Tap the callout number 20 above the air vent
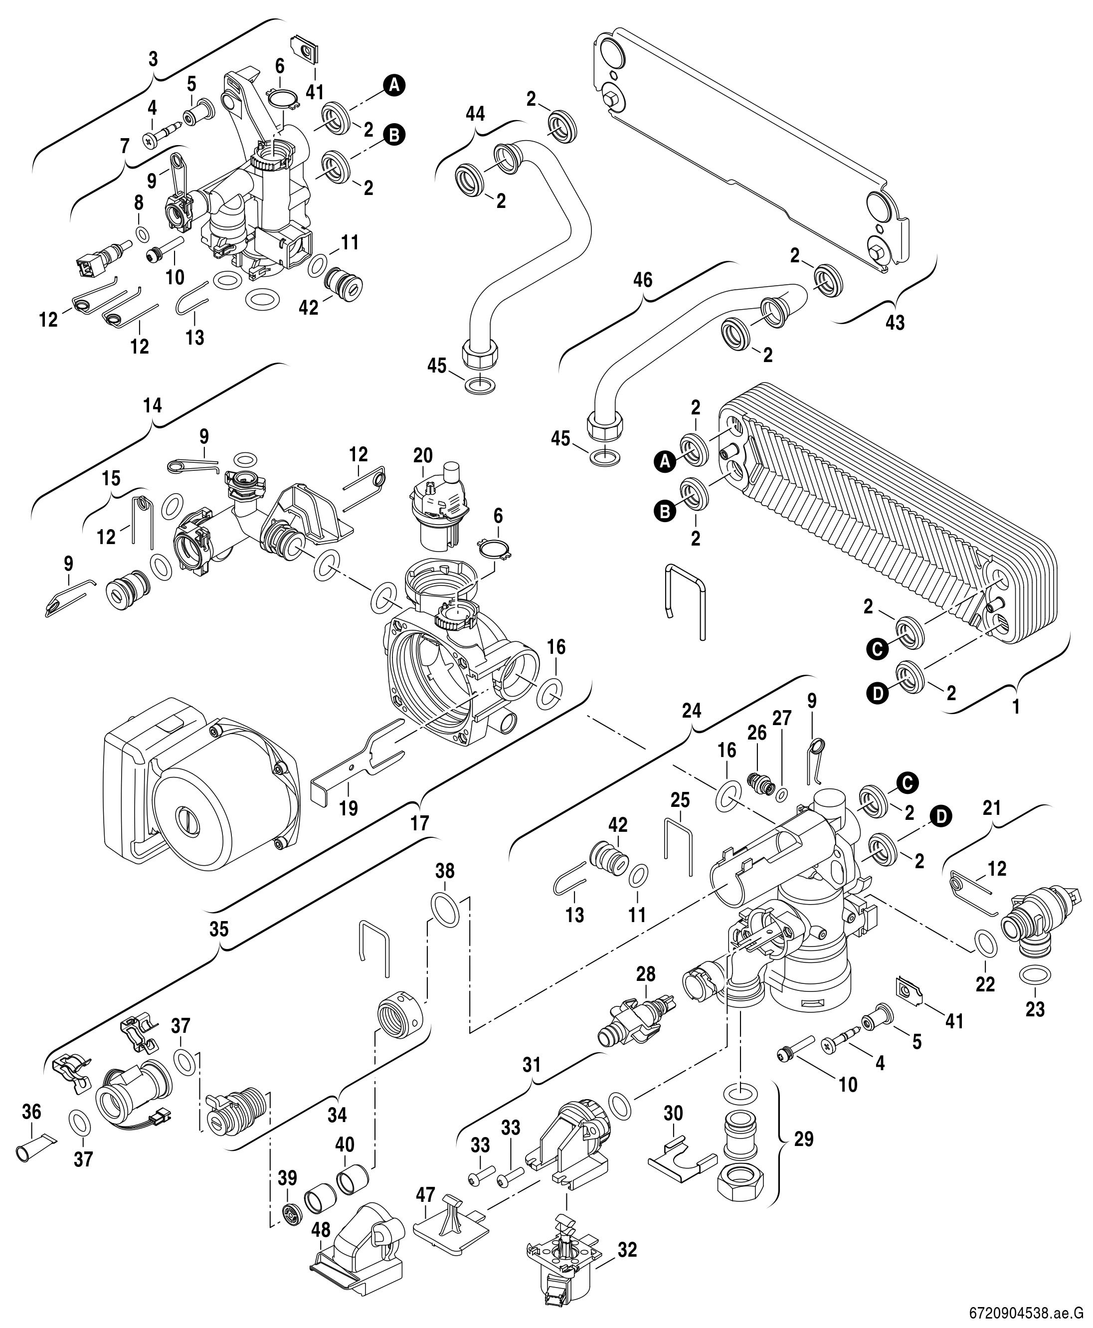[x=423, y=455]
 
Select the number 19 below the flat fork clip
[x=348, y=808]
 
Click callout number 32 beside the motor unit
[x=627, y=1249]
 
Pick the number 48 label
[x=321, y=1227]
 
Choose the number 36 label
[x=31, y=1112]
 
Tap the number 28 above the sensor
[x=645, y=973]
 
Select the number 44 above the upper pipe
[x=476, y=114]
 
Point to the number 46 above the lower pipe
[x=643, y=280]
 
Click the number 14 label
[x=153, y=405]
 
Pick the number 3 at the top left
[x=153, y=60]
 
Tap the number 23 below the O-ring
[x=1035, y=1009]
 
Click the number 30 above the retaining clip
[x=673, y=1113]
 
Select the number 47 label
[x=426, y=1194]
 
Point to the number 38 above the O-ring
[x=444, y=872]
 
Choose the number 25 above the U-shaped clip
[x=680, y=800]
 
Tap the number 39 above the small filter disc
[x=287, y=1178]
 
